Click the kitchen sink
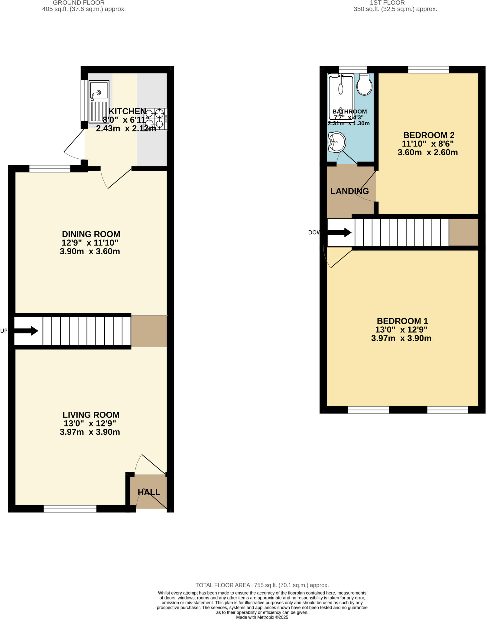pyautogui.click(x=99, y=102)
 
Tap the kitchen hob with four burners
pyautogui.click(x=155, y=119)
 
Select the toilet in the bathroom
pyautogui.click(x=364, y=84)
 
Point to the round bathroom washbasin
pyautogui.click(x=337, y=142)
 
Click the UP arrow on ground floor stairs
pyautogui.click(x=26, y=331)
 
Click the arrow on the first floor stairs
pyautogui.click(x=339, y=232)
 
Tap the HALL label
pyautogui.click(x=149, y=492)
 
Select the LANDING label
pyautogui.click(x=349, y=191)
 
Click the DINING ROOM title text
pyautogui.click(x=91, y=234)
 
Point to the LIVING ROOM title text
pyautogui.click(x=91, y=415)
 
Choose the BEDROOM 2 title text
pyautogui.click(x=429, y=135)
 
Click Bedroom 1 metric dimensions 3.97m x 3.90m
pyautogui.click(x=401, y=338)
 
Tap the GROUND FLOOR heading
pyautogui.click(x=79, y=3)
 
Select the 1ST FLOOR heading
pyautogui.click(x=387, y=3)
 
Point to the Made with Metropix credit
pyautogui.click(x=262, y=617)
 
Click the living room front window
pyautogui.click(x=70, y=509)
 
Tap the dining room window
pyautogui.click(x=50, y=169)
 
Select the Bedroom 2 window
pyautogui.click(x=428, y=70)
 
